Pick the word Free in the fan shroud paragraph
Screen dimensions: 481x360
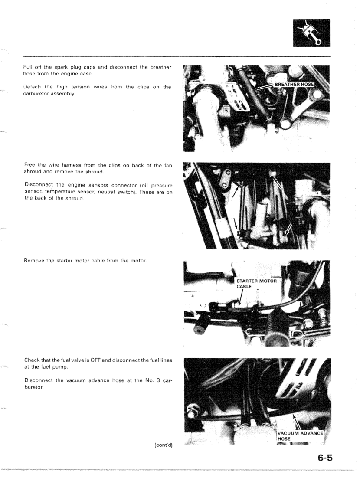tap(29, 166)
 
